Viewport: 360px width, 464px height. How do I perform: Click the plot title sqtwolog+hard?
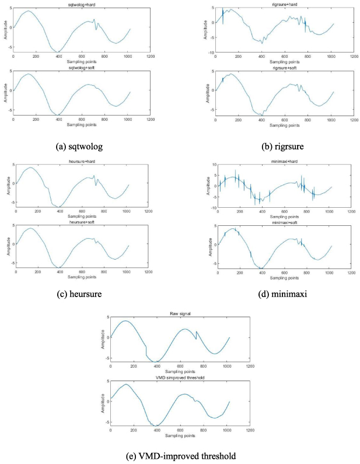82,5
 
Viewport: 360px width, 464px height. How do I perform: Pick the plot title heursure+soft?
80,222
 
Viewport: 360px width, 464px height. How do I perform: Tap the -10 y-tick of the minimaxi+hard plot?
212,207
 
